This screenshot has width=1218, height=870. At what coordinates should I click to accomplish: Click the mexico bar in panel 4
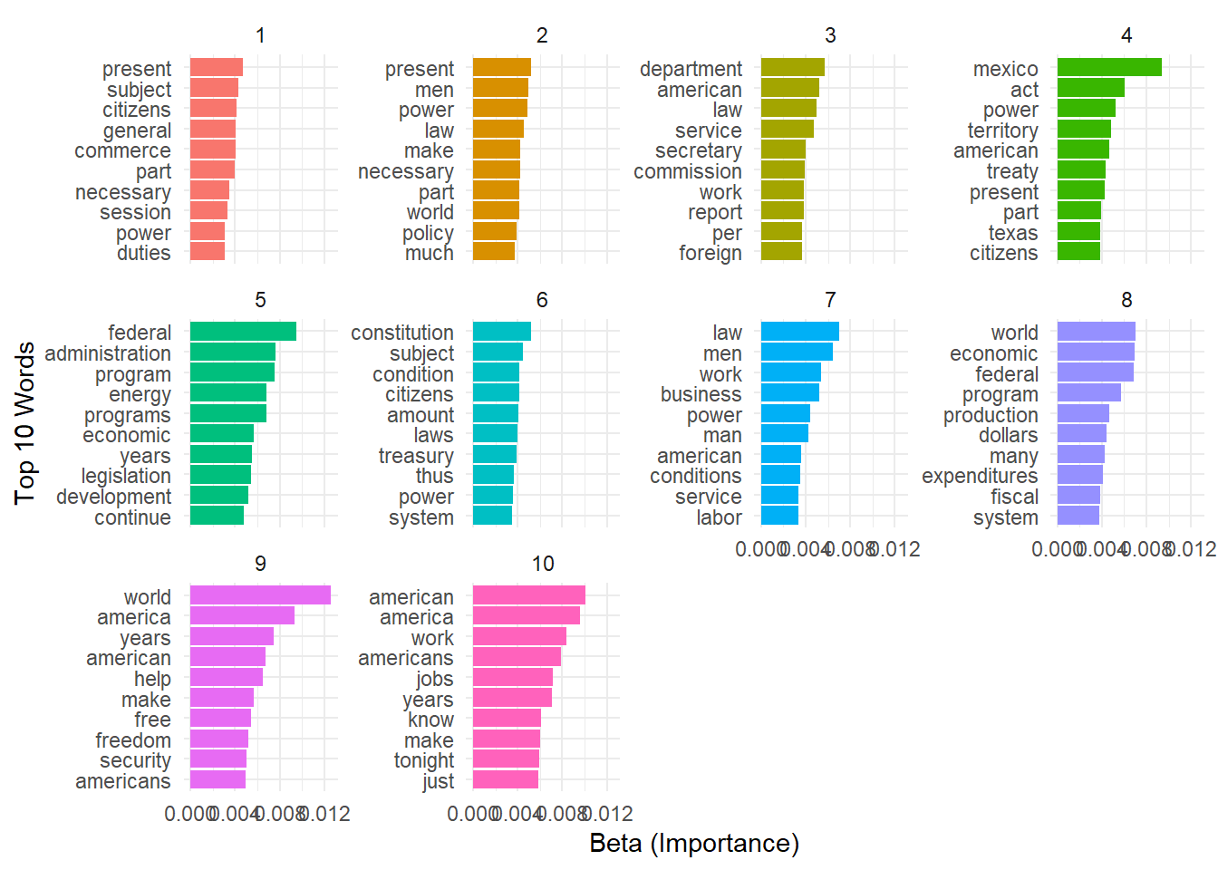(x=1109, y=67)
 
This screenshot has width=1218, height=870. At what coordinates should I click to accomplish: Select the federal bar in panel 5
(x=243, y=332)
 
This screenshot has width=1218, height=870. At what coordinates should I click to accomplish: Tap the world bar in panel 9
(x=260, y=595)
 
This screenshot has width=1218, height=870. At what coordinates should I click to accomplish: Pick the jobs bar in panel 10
(x=513, y=677)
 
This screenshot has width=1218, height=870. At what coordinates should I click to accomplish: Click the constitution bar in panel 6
(x=501, y=332)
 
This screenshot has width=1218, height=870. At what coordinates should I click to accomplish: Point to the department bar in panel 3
(x=792, y=67)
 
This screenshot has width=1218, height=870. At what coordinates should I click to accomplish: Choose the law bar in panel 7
(x=799, y=332)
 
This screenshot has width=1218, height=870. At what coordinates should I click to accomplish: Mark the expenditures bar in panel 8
(x=1079, y=475)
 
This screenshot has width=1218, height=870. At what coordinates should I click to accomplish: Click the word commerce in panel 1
(x=122, y=150)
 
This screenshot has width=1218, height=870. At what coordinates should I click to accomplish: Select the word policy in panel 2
(x=428, y=233)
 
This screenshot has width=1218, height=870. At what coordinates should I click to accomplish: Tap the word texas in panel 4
(x=1012, y=233)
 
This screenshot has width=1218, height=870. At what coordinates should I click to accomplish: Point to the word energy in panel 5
(x=140, y=394)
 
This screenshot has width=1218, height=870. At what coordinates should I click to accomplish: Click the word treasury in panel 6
(x=416, y=456)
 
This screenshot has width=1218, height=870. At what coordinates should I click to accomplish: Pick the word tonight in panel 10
(x=423, y=760)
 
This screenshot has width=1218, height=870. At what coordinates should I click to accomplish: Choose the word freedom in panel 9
(x=132, y=740)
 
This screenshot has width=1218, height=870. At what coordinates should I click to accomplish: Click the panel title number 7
(x=830, y=300)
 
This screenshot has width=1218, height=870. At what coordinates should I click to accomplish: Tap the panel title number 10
(x=542, y=564)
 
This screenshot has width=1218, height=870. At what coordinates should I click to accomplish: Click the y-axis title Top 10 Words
(x=24, y=422)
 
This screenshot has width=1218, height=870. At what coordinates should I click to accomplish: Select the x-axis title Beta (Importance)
(x=694, y=844)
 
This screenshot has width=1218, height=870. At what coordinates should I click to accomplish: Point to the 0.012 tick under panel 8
(x=1191, y=549)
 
